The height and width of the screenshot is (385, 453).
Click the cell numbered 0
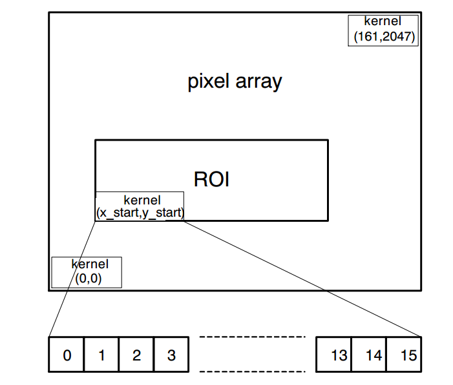pyautogui.click(x=67, y=354)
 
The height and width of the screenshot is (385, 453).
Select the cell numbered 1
pyautogui.click(x=101, y=354)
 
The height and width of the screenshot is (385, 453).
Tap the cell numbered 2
pyautogui.click(x=136, y=354)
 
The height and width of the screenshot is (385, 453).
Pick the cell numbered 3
pyautogui.click(x=171, y=354)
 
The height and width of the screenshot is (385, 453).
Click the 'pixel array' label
pyautogui.click(x=235, y=82)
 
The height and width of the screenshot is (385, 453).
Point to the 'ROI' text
pyautogui.click(x=211, y=179)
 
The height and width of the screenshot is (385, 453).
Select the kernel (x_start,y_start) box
pyautogui.click(x=140, y=206)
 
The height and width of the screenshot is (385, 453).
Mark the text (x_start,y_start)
pyautogui.click(x=140, y=212)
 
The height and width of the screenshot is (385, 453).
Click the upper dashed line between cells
pyautogui.click(x=251, y=337)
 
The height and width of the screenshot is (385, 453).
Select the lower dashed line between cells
pyautogui.click(x=251, y=371)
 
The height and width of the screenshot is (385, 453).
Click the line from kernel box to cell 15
pyautogui.click(x=302, y=279)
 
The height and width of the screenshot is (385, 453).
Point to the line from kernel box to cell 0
pyautogui.click(x=72, y=279)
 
